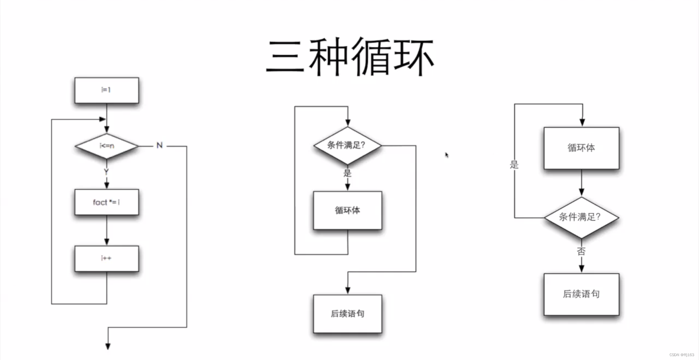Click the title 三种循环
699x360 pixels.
point(349,57)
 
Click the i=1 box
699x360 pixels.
point(106,90)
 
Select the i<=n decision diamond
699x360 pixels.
point(106,146)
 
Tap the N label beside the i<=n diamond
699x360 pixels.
point(159,145)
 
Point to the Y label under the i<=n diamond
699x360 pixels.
point(106,171)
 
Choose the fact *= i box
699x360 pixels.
point(106,202)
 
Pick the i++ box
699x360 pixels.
point(106,258)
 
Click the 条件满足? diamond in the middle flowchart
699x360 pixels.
point(347,145)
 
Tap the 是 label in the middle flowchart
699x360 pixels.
point(347,173)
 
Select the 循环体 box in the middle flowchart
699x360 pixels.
point(347,210)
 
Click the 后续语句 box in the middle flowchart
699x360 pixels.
point(347,313)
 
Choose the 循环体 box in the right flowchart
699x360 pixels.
point(581,148)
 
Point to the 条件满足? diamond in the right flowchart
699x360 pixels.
point(581,217)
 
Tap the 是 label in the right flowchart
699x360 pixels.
point(514,165)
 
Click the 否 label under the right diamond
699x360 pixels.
point(581,251)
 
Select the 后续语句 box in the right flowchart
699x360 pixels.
point(581,294)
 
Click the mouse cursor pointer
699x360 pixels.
point(447,155)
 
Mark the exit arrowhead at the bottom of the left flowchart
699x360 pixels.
point(108,346)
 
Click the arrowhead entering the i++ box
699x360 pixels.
point(106,242)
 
